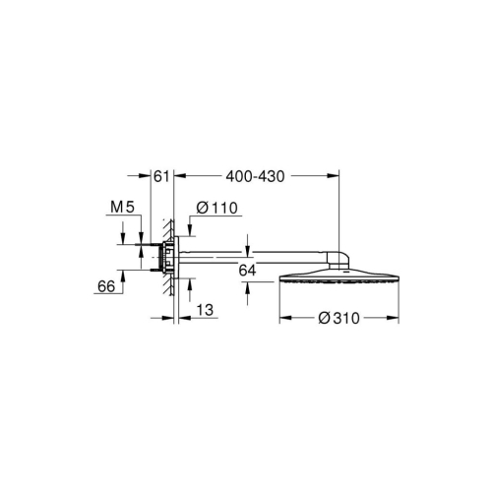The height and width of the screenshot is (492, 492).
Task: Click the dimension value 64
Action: pyautogui.click(x=247, y=268)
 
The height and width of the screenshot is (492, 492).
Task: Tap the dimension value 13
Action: pyautogui.click(x=203, y=309)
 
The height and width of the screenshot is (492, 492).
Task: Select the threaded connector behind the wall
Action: pyautogui.click(x=154, y=258)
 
